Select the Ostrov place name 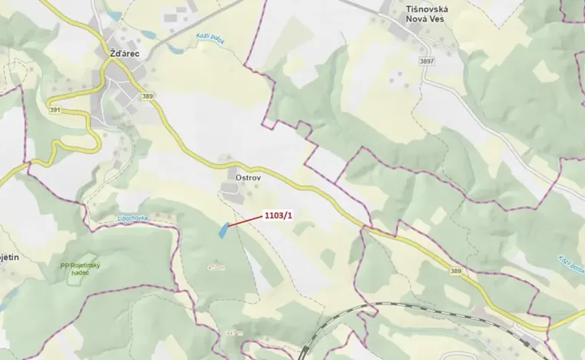click(x=239, y=175)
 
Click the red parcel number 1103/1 click(x=278, y=214)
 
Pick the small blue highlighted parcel click(x=223, y=229)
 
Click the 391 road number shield click(x=54, y=109)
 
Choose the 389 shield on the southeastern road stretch click(x=456, y=271)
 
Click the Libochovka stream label click(x=131, y=219)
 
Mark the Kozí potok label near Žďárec click(x=210, y=38)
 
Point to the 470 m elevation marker click(x=216, y=268)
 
